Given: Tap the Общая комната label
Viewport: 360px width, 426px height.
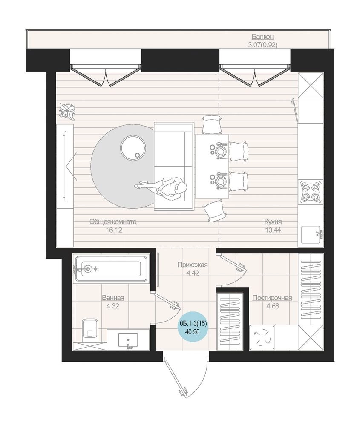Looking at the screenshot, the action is click(x=113, y=222).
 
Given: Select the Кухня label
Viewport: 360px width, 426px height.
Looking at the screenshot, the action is click(x=273, y=222).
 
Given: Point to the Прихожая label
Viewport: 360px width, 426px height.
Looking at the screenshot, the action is click(x=193, y=265).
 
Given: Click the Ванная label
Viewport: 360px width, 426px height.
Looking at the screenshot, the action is click(x=113, y=298).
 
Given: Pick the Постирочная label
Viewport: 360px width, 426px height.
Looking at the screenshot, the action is click(x=272, y=298).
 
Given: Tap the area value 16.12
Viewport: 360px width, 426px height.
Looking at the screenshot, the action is click(x=114, y=230).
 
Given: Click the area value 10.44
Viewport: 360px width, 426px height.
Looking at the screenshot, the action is click(x=273, y=230).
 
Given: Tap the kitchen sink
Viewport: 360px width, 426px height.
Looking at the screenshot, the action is click(x=311, y=234).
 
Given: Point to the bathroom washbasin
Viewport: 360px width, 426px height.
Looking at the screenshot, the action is click(x=128, y=340).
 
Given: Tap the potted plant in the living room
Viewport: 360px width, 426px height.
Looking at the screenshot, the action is click(x=67, y=111).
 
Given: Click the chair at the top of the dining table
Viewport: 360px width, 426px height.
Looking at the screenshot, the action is click(x=212, y=124).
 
